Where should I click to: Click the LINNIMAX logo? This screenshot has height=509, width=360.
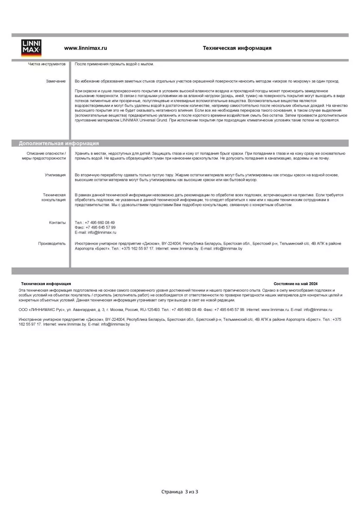pos(31,48)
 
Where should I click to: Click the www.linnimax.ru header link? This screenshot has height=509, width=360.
pos(86,48)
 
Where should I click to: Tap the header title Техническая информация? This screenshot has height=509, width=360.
pos(237,48)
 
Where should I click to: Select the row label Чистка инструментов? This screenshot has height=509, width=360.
pos(47,64)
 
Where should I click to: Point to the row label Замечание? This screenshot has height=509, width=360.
pos(56,81)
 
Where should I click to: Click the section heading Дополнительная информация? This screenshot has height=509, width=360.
pos(59,143)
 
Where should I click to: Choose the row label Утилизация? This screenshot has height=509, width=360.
pos(55,175)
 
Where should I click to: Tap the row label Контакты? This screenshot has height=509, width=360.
pos(57,223)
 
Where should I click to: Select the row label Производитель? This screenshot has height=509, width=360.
pos(52,244)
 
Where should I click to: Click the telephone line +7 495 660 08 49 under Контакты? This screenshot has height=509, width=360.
pos(95,223)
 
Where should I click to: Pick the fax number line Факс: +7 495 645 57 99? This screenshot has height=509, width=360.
pos(95,228)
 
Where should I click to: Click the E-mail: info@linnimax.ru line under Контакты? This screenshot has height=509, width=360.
pos(95,232)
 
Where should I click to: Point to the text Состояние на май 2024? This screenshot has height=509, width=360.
pos(296,284)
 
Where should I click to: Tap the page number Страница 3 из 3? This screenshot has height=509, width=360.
pos(179,492)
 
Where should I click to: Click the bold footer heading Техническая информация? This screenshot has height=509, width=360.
pos(46,284)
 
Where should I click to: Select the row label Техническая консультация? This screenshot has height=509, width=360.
pos(54,197)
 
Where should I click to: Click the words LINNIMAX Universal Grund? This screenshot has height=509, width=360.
pos(144,120)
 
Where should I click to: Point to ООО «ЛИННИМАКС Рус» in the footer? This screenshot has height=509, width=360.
pos(42,310)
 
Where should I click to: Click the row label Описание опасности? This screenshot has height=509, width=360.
pos(46,154)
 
